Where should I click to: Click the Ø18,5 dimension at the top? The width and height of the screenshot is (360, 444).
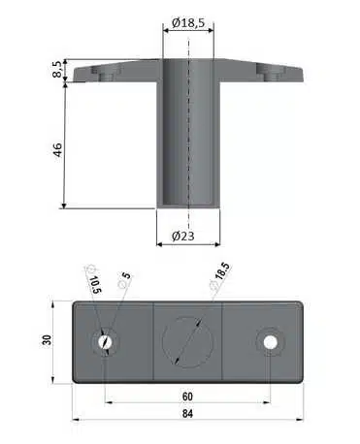point(188,23)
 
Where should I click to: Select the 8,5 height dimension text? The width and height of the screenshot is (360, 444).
point(57,69)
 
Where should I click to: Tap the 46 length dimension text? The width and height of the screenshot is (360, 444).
point(57,149)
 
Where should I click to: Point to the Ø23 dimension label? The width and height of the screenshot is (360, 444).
point(183,237)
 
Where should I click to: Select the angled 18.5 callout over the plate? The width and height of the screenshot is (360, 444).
point(220,275)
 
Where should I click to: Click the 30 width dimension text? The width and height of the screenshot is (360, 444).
point(47,340)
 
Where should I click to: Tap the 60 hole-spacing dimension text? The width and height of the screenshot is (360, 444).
point(187,396)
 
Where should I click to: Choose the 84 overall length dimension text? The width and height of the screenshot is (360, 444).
point(187,413)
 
